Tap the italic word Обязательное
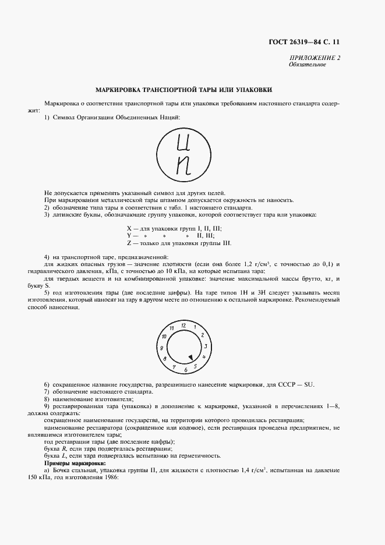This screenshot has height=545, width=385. tap(307, 65)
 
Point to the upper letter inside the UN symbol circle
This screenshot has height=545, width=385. tap(184, 142)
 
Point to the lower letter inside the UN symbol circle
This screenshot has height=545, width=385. tap(184, 167)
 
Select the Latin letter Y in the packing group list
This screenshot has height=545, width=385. tap(129, 235)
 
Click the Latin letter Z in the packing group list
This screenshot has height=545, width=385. tap(129, 243)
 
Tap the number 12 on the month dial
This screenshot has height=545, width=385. tap(183, 324)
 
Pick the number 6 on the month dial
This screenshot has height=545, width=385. tap(185, 370)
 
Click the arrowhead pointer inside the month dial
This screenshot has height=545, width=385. tap(190, 358)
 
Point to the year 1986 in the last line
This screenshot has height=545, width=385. tap(109, 477)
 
